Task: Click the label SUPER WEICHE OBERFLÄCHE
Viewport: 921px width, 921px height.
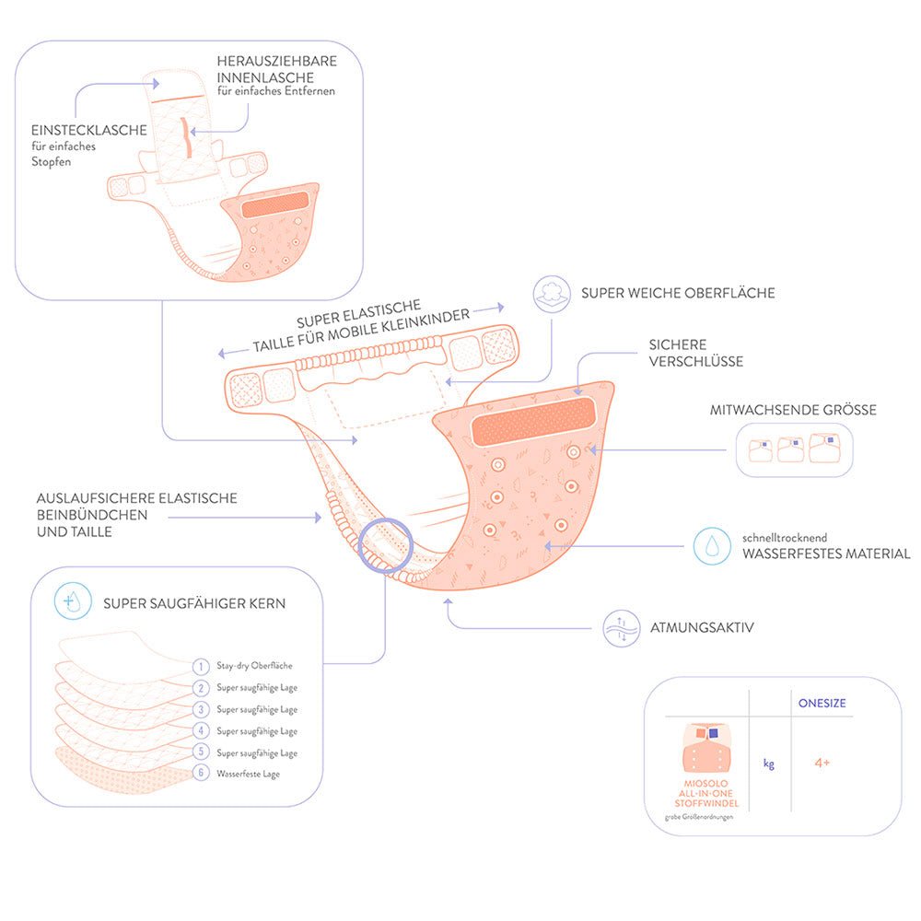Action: tap(677, 294)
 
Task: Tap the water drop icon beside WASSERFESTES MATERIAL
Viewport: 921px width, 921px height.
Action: tap(710, 545)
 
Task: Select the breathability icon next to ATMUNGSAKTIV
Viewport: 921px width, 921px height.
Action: tap(620, 627)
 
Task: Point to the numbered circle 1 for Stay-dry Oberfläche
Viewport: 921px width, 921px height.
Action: tap(201, 666)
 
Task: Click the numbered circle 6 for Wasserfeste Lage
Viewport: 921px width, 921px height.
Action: tap(201, 774)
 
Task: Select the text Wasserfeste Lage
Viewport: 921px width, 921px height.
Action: tap(249, 775)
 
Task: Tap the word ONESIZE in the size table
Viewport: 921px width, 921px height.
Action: tap(822, 703)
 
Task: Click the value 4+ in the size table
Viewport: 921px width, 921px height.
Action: tap(822, 764)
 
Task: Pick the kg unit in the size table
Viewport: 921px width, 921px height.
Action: tap(768, 764)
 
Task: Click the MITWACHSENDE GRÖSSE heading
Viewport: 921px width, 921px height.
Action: tap(793, 410)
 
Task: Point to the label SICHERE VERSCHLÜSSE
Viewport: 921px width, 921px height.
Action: tap(695, 353)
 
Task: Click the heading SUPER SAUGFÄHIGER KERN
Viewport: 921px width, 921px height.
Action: tap(194, 604)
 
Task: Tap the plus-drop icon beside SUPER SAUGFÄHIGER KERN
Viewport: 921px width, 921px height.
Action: tap(72, 604)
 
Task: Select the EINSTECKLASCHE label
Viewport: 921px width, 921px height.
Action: tap(89, 130)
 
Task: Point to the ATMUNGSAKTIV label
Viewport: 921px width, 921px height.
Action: tap(702, 627)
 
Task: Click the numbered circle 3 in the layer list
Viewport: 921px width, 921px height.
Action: tap(201, 709)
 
